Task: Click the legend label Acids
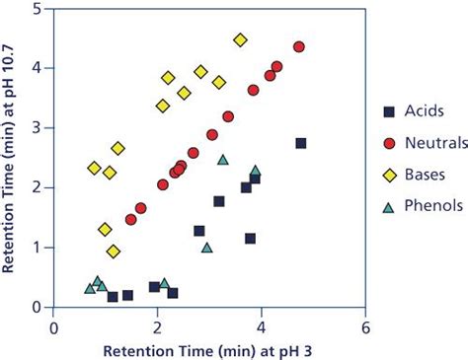425,110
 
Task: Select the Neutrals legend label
434,144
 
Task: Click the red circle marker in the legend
388,144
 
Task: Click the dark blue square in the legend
388,110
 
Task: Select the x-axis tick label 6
365,327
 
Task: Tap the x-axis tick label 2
158,327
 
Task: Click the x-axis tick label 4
262,327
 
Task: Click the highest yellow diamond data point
240,40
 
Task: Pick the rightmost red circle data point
299,46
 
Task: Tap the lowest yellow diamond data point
114,252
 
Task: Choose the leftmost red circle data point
130,219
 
